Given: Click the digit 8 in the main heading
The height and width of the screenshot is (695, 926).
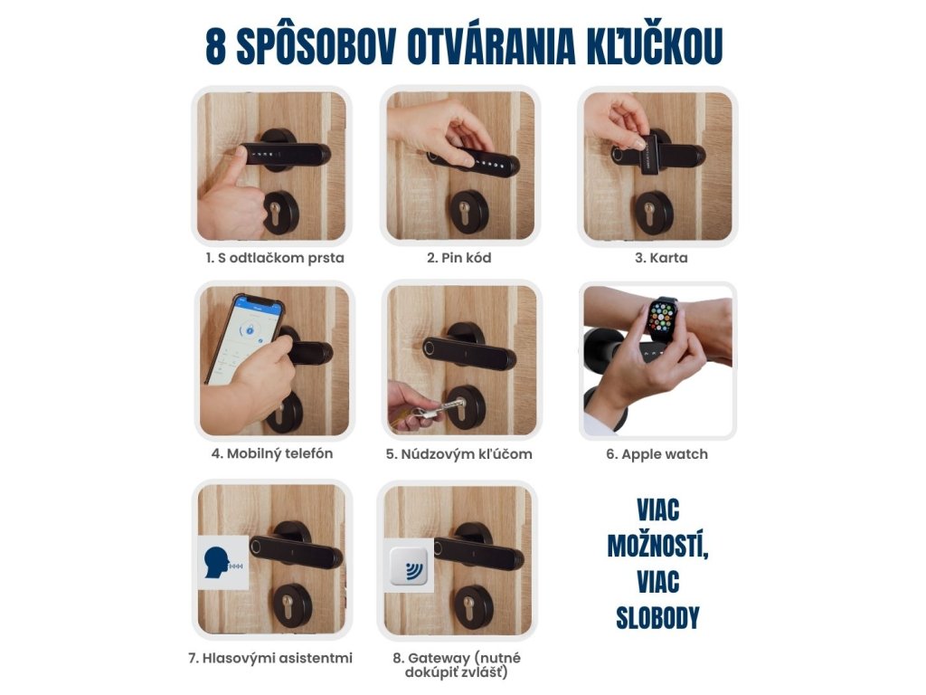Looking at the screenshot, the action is point(215,46).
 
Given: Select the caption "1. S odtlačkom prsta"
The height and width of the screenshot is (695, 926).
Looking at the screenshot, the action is point(275,258).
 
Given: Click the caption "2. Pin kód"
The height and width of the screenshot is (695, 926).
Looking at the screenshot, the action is point(458,258).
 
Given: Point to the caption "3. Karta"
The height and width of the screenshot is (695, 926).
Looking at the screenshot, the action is point(661,258).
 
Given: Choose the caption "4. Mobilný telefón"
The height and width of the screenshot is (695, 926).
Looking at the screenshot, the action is point(272,453).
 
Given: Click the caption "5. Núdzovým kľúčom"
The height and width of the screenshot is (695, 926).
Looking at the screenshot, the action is point(458,454).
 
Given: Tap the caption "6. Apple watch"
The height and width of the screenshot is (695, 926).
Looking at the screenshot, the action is point(657,454).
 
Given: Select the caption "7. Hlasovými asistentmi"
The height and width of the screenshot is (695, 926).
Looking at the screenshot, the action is point(270,658).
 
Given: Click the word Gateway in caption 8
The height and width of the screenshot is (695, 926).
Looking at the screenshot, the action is point(439,658).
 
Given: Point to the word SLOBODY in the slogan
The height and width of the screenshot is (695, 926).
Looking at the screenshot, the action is point(657,618).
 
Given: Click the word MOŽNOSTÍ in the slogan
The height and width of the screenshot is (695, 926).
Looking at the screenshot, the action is point(658,546).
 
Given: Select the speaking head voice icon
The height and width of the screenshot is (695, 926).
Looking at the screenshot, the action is point(222,563).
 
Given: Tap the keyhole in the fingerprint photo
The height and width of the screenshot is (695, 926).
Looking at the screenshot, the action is point(275,212).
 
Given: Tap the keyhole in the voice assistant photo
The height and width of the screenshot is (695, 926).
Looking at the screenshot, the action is point(288,605).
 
